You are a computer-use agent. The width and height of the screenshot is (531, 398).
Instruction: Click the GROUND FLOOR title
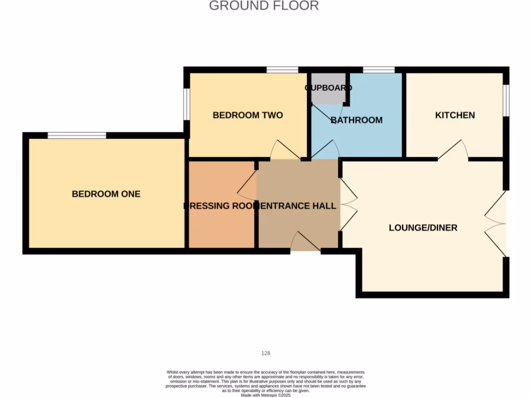pyautogui.click(x=264, y=6)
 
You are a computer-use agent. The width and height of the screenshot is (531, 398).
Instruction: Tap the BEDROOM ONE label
pyautogui.click(x=106, y=194)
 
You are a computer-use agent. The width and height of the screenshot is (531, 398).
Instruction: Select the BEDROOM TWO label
pyautogui.click(x=248, y=115)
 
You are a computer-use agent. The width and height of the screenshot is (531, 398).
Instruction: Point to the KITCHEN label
pyautogui.click(x=455, y=115)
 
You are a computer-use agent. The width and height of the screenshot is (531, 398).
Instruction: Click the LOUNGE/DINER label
pyautogui.click(x=423, y=228)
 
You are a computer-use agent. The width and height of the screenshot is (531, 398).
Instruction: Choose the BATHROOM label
pyautogui.click(x=357, y=120)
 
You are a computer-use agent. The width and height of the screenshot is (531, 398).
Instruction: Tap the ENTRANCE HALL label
pyautogui.click(x=298, y=206)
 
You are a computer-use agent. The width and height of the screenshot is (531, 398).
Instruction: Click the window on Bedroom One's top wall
pyautogui.click(x=77, y=135)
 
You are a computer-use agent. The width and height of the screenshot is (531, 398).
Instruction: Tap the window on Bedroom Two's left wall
pyautogui.click(x=187, y=104)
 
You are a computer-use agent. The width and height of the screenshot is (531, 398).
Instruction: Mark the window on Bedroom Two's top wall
pyautogui.click(x=283, y=70)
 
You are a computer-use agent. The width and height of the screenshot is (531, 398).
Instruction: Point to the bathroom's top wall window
pyautogui.click(x=379, y=70)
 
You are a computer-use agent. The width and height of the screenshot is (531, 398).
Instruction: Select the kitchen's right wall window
pyautogui.click(x=506, y=101)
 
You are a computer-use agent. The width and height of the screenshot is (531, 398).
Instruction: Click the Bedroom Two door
pyautogui.click(x=285, y=151)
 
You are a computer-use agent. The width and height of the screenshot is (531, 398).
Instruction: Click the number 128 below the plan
pyautogui.click(x=265, y=353)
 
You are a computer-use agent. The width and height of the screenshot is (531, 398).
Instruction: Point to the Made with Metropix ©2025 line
pyautogui.click(x=265, y=395)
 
